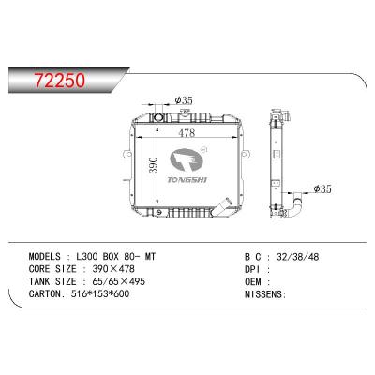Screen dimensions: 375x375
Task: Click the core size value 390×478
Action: [x=120, y=269]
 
